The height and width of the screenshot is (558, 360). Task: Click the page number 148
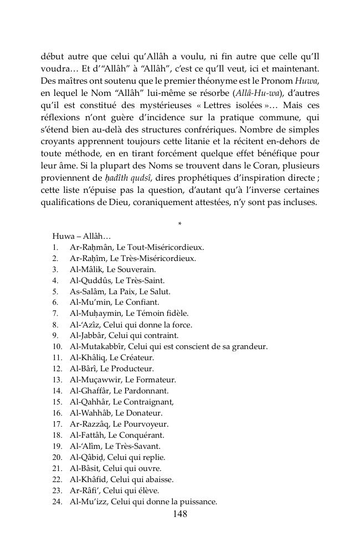[179, 514]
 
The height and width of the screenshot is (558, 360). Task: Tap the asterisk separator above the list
[179, 224]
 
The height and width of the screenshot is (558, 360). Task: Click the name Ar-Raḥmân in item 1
[88, 247]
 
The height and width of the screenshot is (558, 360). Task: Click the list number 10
[57, 347]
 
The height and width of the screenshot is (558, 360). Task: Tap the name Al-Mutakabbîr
[96, 347]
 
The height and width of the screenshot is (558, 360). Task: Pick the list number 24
[57, 502]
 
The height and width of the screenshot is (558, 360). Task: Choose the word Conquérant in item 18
[137, 436]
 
